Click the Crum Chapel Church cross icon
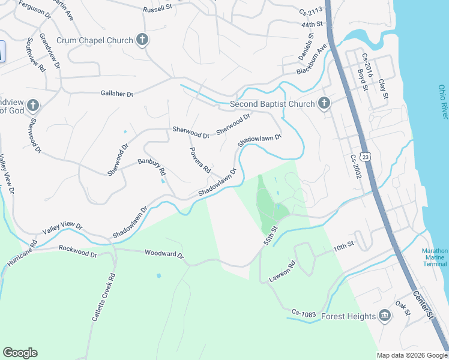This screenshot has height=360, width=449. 142,40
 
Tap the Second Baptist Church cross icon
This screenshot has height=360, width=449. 324,104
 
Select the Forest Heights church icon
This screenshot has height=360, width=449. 385,316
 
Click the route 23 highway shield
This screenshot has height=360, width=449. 366,156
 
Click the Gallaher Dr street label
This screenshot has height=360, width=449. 116,94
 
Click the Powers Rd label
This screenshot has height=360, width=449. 200,158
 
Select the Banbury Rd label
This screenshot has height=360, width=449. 152,166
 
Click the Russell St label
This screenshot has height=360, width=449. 157,10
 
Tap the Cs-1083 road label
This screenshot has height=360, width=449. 304,313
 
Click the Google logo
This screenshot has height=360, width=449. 20,353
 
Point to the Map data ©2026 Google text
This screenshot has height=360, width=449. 411,355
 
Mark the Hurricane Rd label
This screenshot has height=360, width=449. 23,256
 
